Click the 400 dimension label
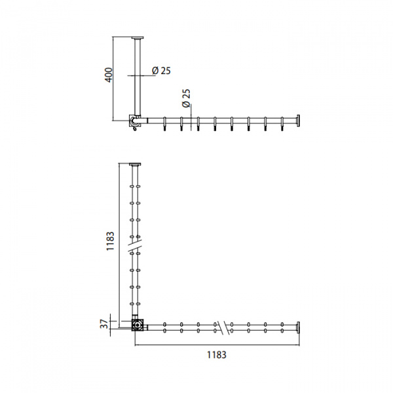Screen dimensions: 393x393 click(109, 75)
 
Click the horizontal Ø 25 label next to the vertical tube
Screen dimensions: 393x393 click(161, 71)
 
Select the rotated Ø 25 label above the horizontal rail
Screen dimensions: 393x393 click(187, 98)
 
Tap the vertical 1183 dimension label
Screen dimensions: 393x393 click(110, 241)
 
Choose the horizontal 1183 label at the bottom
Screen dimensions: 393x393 click(217, 355)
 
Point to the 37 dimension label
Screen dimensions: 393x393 click(105, 324)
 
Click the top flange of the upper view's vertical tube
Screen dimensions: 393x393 click(138, 38)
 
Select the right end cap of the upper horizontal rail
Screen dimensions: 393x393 click(298, 121)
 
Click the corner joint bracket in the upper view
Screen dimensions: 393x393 click(134, 121)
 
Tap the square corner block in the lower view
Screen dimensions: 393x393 click(138, 325)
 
